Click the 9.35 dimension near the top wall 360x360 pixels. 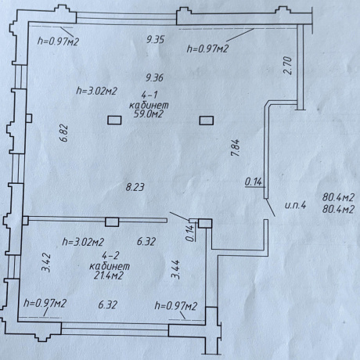click(155, 40)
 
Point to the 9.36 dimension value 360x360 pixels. click(155, 77)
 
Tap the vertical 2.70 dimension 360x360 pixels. click(287, 66)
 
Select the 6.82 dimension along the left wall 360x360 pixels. click(64, 133)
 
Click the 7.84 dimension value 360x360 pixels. click(236, 147)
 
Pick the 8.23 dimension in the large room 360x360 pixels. click(135, 187)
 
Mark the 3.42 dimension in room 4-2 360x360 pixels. click(46, 263)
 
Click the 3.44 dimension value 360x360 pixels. click(175, 269)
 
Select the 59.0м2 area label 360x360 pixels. click(149, 114)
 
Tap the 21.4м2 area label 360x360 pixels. click(108, 275)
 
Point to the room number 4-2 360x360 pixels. click(110, 255)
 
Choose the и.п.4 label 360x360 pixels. click(295, 206)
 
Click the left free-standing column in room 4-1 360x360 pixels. click(114, 121)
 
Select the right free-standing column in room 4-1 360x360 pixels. click(207, 121)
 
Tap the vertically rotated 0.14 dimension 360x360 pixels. click(191, 232)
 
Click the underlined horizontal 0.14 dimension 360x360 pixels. click(254, 182)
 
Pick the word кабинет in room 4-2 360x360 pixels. click(110, 266)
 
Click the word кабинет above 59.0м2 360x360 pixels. click(149, 105)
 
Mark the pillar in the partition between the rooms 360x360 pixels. click(112, 222)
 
